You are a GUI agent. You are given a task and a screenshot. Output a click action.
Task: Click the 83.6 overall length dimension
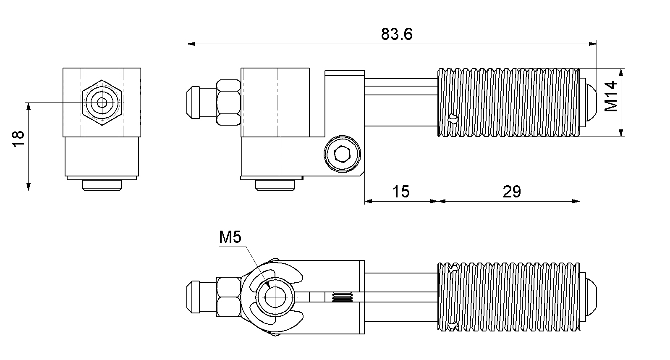[397, 34]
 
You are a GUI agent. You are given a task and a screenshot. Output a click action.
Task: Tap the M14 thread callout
[611, 96]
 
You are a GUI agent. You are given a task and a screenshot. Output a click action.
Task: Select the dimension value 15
[401, 192]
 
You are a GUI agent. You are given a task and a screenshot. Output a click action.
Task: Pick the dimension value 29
[512, 192]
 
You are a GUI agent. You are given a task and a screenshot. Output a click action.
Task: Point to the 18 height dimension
[18, 139]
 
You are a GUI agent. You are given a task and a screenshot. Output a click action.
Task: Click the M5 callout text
[230, 237]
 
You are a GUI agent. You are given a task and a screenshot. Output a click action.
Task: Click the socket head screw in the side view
[342, 154]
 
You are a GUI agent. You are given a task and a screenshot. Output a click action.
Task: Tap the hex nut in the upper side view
[228, 102]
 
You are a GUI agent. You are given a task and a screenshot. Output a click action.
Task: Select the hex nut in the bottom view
[228, 297]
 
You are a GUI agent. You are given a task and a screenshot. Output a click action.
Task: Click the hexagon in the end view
[102, 102]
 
